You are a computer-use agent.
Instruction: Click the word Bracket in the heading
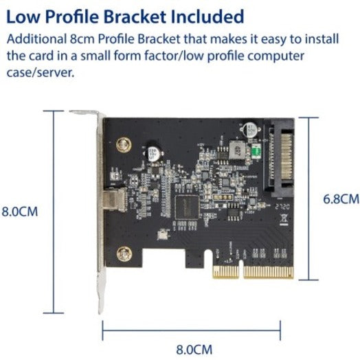tap(135, 16)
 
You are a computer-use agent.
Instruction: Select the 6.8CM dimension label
tap(341, 199)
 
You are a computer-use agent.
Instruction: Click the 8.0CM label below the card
tap(194, 350)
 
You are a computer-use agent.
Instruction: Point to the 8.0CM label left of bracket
tap(20, 212)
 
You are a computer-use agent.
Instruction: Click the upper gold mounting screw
tap(124, 145)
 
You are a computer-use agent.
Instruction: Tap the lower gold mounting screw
tap(124, 254)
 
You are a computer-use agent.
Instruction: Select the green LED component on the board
tap(257, 151)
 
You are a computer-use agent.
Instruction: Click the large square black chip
tap(187, 207)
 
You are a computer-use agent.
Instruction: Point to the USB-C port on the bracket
tap(115, 199)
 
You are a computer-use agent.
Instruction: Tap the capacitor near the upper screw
tap(153, 154)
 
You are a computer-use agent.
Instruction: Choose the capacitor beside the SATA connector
tap(250, 130)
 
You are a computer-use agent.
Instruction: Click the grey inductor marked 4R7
tap(237, 150)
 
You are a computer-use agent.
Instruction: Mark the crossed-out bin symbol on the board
tap(284, 219)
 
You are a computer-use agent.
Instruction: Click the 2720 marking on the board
tap(282, 207)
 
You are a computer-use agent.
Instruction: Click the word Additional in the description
tap(36, 38)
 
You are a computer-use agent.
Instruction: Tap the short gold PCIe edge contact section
tap(225, 271)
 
